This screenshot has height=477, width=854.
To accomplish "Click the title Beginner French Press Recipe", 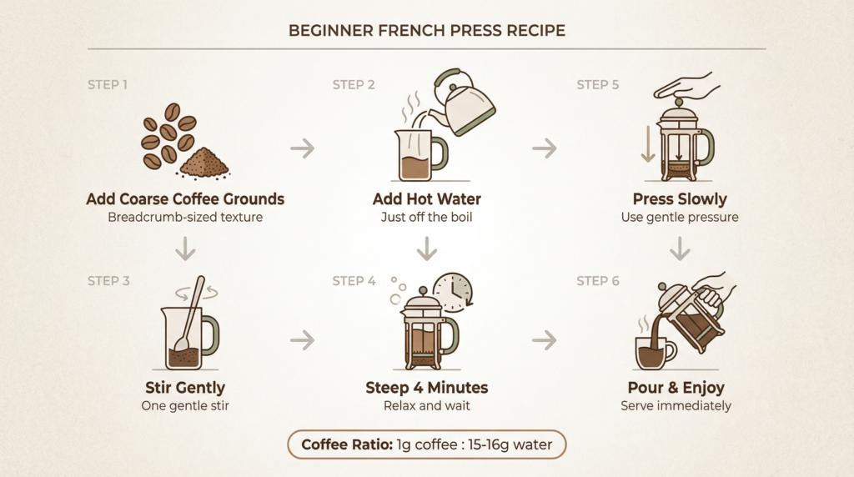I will (426, 31).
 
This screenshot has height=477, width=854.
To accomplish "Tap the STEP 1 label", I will (108, 85).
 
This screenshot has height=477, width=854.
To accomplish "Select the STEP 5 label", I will (598, 85).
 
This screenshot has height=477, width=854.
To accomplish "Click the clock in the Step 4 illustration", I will (452, 292).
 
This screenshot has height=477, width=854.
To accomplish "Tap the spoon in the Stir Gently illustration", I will (190, 313).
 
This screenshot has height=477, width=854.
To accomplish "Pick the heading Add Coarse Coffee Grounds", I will (185, 199).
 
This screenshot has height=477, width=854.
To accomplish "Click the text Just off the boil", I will (426, 218).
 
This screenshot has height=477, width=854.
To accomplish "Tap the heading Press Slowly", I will (680, 199).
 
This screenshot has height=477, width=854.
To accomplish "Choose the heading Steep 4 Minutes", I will (426, 388).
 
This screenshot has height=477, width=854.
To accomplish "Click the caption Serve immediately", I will (676, 406).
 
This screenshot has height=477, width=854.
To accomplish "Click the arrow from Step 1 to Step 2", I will (302, 149).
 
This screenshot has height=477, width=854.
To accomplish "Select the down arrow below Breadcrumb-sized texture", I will (185, 248).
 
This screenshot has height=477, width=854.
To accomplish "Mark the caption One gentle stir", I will (185, 406).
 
